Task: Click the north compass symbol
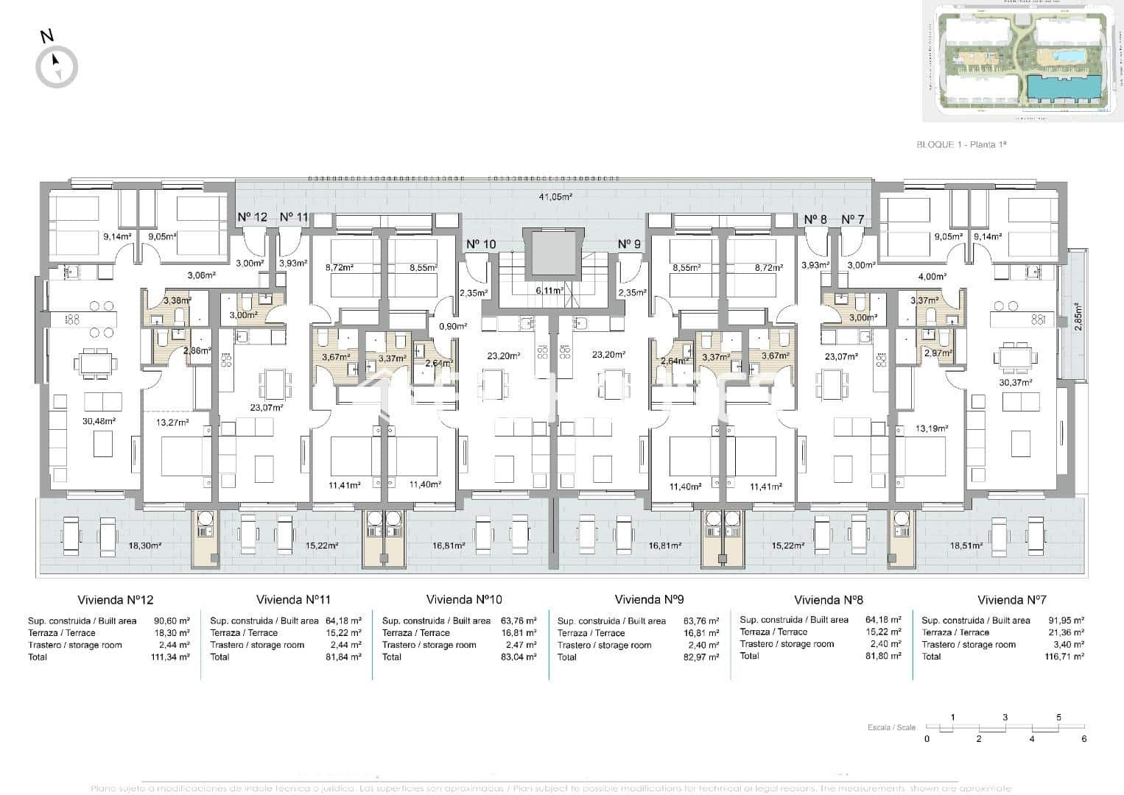(x=56, y=67)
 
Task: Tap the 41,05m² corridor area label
(x=555, y=197)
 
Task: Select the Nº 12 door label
(x=252, y=217)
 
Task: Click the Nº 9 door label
(x=629, y=244)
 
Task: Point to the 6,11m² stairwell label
(x=549, y=290)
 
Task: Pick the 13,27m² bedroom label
(x=172, y=423)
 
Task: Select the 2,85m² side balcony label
(x=1077, y=317)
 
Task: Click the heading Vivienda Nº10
(x=464, y=600)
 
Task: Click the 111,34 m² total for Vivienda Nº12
(x=169, y=657)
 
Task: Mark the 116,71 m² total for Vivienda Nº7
(x=1064, y=656)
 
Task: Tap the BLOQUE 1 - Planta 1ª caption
(x=960, y=144)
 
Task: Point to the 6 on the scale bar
(x=1083, y=739)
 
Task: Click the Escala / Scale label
(x=891, y=727)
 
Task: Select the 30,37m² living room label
(x=1016, y=382)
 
